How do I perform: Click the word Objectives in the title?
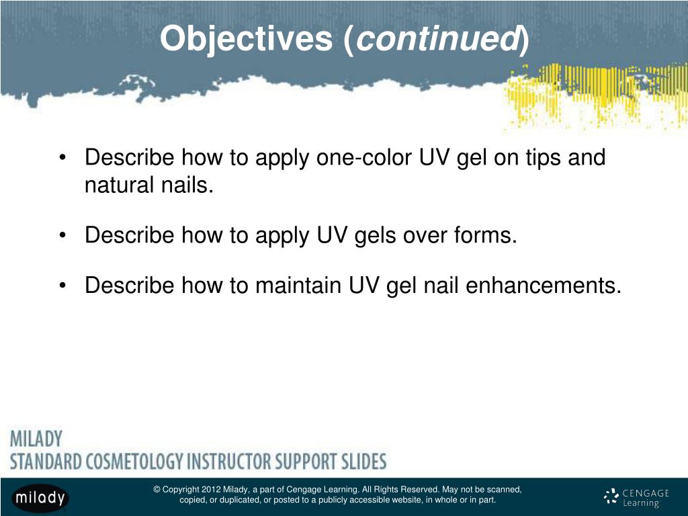pyautogui.click(x=246, y=40)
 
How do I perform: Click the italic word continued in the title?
pyautogui.click(x=437, y=40)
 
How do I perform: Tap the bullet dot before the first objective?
pyautogui.click(x=62, y=159)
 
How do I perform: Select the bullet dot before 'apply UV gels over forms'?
pyautogui.click(x=62, y=236)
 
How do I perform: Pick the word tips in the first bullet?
pyautogui.click(x=540, y=159)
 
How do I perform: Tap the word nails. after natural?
pyautogui.click(x=188, y=185)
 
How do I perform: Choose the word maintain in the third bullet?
pyautogui.click(x=298, y=286)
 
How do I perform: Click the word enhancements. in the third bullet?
pyautogui.click(x=544, y=286)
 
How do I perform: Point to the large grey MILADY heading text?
pyautogui.click(x=36, y=439)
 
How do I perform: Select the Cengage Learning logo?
pyautogui.click(x=636, y=498)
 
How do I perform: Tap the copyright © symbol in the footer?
pyautogui.click(x=157, y=490)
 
